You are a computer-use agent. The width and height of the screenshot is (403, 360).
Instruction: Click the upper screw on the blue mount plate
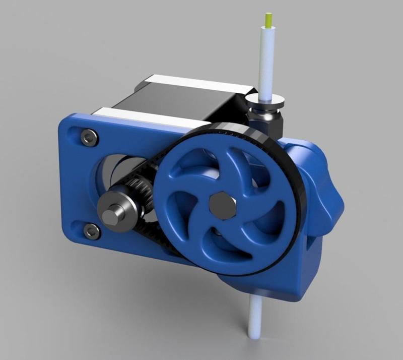click(x=90, y=136)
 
